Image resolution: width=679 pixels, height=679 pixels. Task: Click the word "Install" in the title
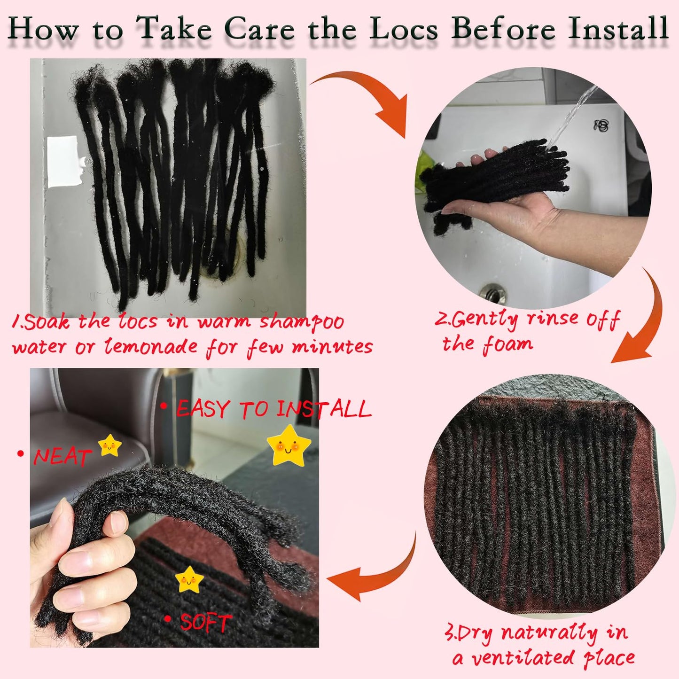(x=618, y=29)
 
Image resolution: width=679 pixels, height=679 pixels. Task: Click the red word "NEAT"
(x=62, y=457)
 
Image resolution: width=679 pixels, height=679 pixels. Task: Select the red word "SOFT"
(x=205, y=623)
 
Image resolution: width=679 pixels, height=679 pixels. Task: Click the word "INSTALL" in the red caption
(x=324, y=409)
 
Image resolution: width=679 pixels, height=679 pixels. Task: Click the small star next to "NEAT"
(x=109, y=445)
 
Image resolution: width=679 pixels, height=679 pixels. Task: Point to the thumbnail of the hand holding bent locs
(x=174, y=507)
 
